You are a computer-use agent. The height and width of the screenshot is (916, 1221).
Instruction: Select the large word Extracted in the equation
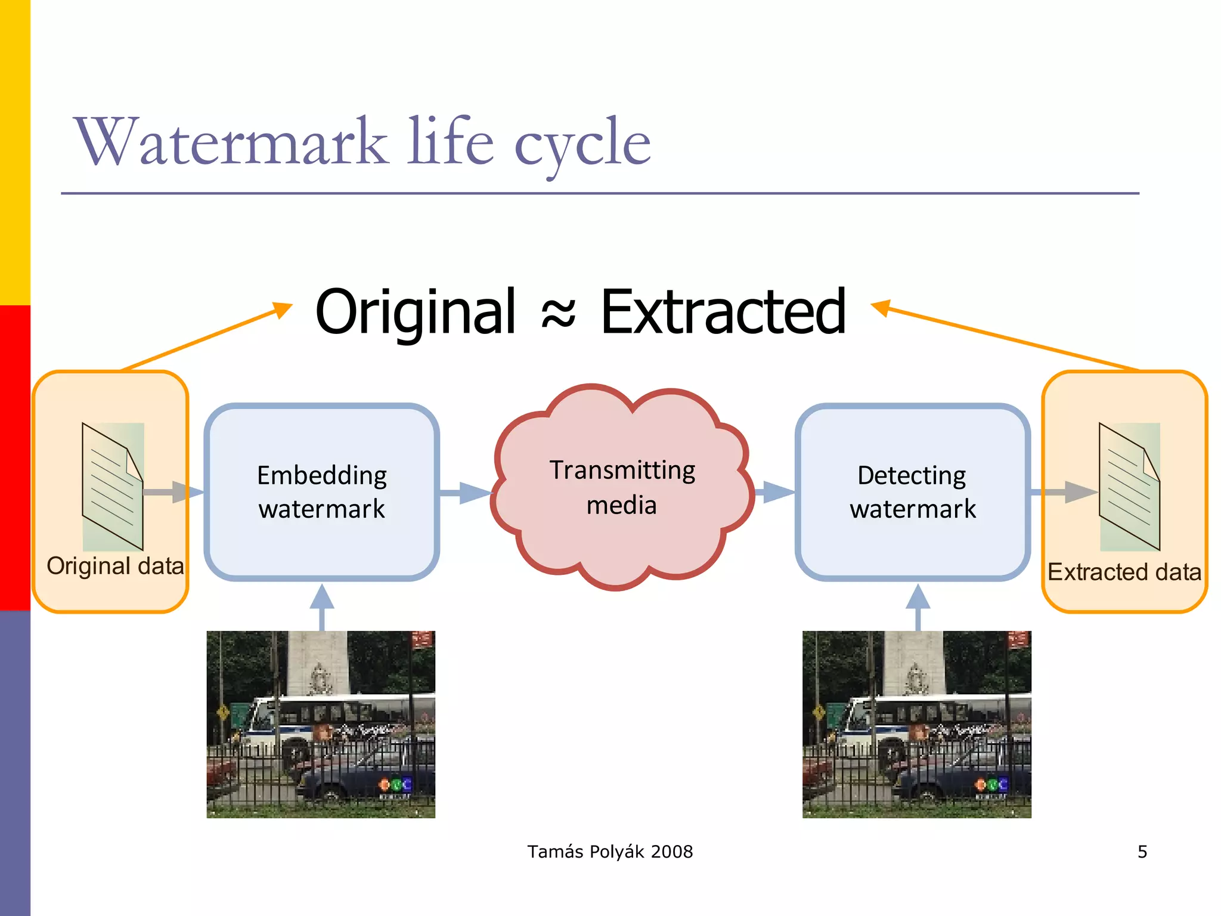pyautogui.click(x=723, y=311)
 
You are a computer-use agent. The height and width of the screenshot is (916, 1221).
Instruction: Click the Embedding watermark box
pyautogui.click(x=322, y=492)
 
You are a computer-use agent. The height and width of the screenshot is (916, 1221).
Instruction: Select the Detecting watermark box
pyautogui.click(x=912, y=492)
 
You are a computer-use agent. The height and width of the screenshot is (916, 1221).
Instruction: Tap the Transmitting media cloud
pyautogui.click(x=622, y=487)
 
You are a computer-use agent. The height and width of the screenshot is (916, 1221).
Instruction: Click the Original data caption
pyautogui.click(x=115, y=566)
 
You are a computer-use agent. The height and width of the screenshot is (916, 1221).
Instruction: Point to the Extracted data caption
pyautogui.click(x=1124, y=572)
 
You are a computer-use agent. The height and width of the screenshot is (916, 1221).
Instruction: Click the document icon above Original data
pyautogui.click(x=112, y=487)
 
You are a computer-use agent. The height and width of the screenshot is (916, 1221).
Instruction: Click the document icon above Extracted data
pyautogui.click(x=1129, y=487)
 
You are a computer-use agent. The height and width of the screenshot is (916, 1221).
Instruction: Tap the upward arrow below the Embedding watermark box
pyautogui.click(x=322, y=605)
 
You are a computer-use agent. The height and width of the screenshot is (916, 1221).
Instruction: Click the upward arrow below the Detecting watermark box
pyautogui.click(x=918, y=605)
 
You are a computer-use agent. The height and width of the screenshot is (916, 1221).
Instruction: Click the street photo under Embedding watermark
pyautogui.click(x=321, y=724)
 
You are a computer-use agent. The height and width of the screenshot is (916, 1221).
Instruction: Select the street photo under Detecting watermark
pyautogui.click(x=916, y=724)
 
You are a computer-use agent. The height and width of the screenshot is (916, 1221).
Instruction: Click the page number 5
pyautogui.click(x=1142, y=852)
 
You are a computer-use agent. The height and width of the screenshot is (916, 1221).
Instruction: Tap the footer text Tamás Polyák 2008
pyautogui.click(x=610, y=852)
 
